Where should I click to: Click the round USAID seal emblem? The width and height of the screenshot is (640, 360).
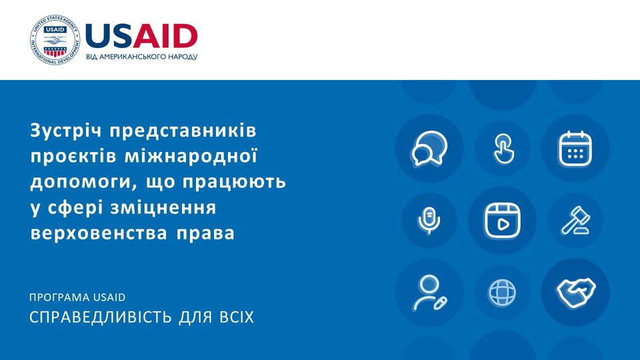55,39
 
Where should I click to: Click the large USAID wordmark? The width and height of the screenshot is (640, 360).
141,36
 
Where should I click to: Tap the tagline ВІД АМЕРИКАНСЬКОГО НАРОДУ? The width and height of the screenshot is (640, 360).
141,57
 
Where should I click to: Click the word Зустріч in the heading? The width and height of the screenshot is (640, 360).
65,131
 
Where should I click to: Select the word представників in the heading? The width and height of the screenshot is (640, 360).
183,131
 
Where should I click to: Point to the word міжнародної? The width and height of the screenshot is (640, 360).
191,156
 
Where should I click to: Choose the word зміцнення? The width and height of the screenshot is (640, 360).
163,208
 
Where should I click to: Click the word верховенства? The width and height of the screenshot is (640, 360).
99,233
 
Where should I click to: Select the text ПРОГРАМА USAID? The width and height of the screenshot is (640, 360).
77,297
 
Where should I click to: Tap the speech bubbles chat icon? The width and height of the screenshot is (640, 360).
429,149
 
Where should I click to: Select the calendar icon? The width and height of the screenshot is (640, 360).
575,149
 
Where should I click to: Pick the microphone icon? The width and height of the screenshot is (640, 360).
429,221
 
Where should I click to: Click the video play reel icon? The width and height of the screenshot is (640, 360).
503,221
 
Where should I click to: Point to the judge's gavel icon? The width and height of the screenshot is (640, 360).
575,221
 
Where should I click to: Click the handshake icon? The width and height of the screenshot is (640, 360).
575,292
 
